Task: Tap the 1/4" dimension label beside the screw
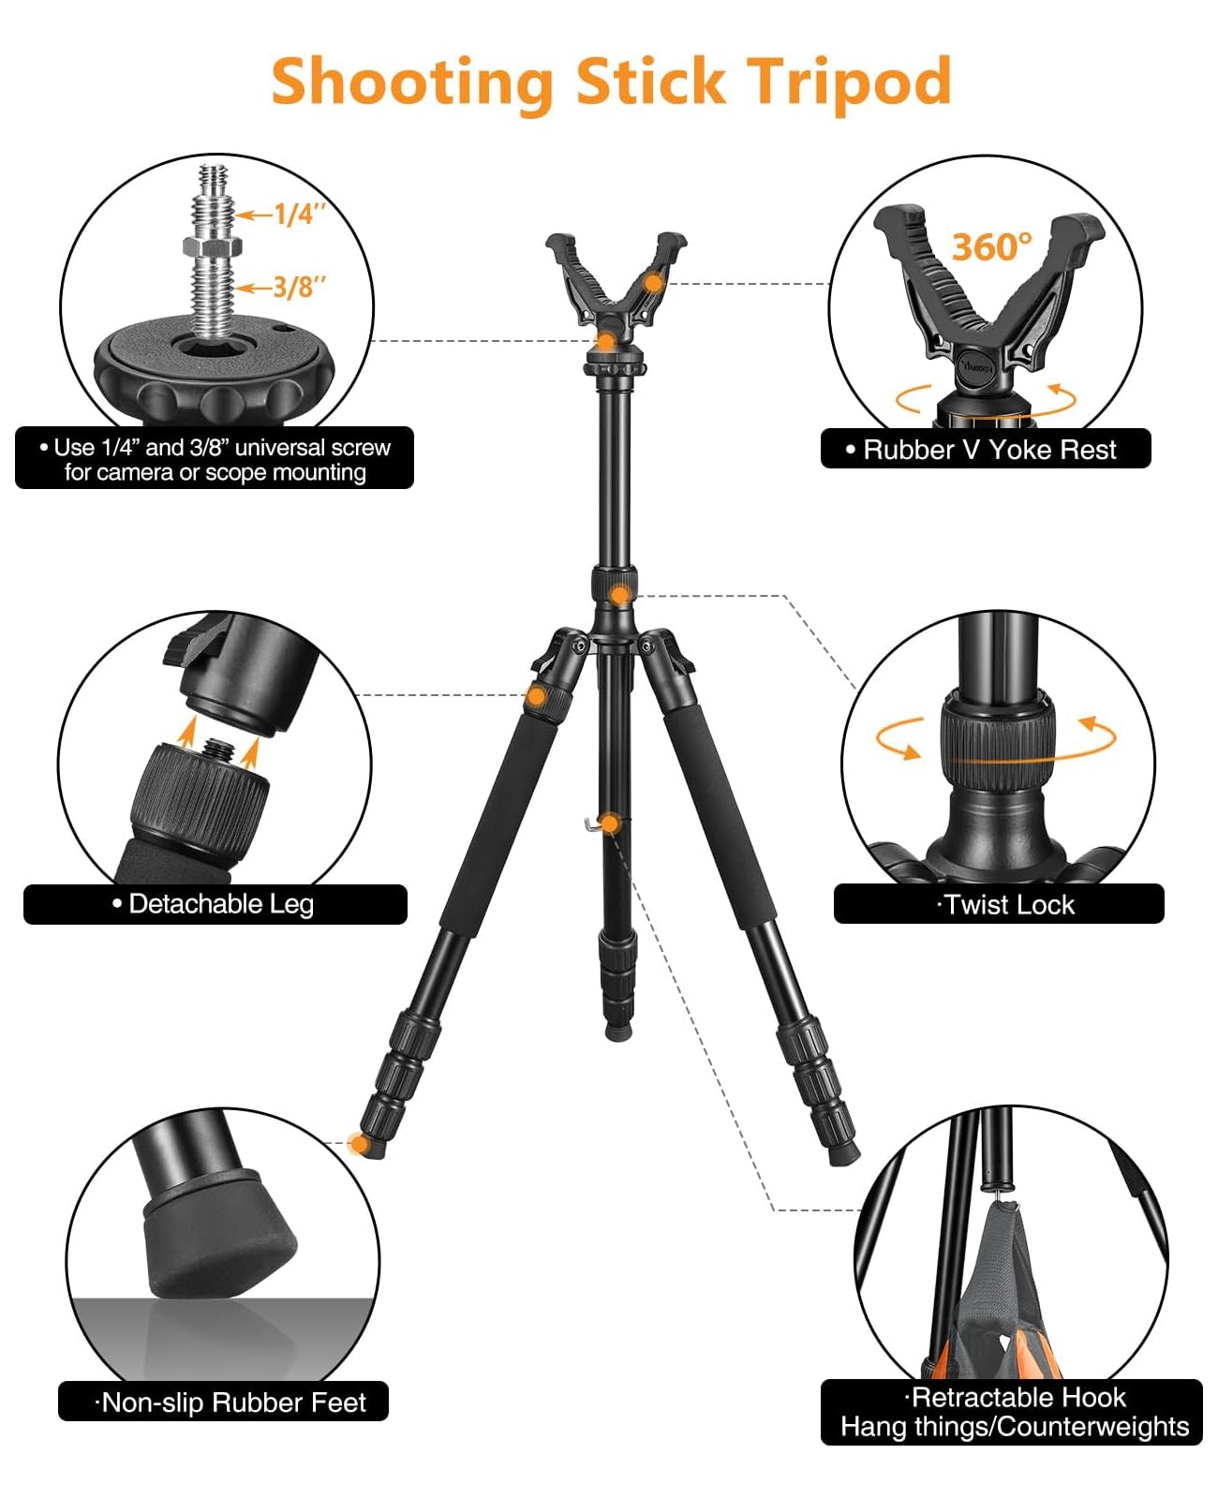tap(299, 214)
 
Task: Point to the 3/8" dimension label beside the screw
tap(299, 287)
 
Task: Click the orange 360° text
tap(991, 246)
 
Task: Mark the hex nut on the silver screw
tap(213, 246)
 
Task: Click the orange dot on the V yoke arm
tap(653, 284)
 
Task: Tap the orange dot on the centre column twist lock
tap(619, 595)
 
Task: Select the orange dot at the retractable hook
tap(610, 824)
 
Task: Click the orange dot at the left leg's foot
tap(359, 1144)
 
